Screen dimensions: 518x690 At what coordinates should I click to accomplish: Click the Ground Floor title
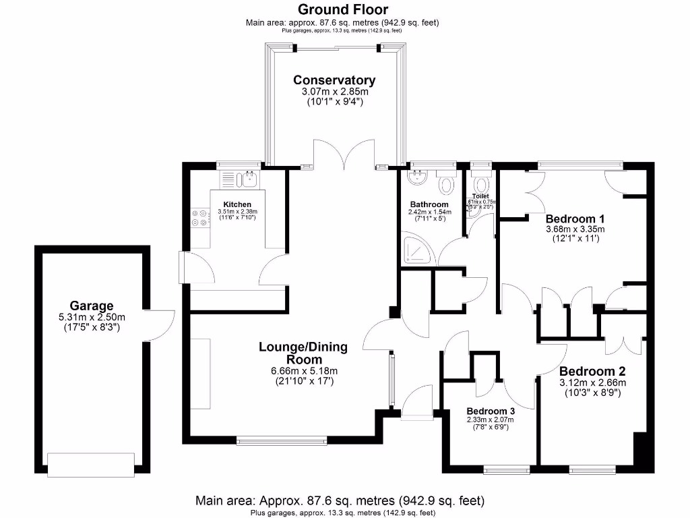343,9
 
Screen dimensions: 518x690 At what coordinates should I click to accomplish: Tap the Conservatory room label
334,80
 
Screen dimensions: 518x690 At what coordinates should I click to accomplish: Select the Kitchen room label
237,204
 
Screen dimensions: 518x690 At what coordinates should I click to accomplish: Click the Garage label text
92,306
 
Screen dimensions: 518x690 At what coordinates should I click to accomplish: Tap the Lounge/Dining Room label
303,353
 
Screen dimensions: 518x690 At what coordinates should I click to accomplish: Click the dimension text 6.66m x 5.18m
303,371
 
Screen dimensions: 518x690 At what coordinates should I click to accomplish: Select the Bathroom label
429,204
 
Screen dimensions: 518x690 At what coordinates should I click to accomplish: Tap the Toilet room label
480,196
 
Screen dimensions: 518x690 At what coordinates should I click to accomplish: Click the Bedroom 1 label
575,219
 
